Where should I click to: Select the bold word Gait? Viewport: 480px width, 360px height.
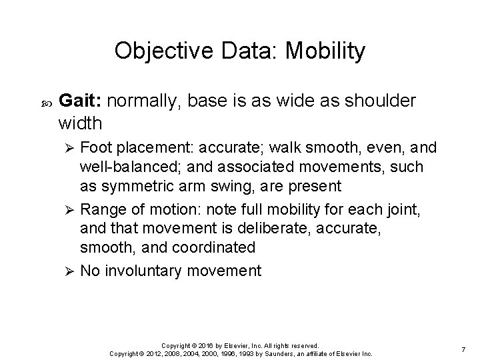coord(81,101)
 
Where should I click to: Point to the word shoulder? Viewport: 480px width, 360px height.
coord(379,101)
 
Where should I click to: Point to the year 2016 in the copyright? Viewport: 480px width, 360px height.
coord(203,345)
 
